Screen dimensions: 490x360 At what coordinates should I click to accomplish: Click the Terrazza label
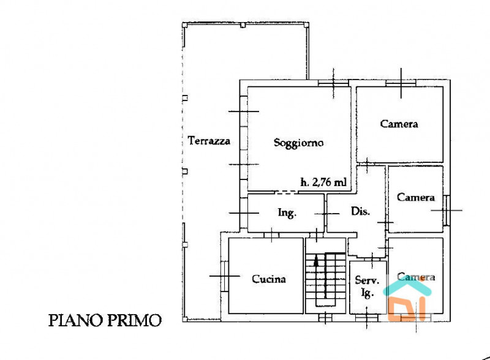(x=209, y=141)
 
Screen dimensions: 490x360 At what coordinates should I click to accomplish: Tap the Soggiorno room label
(x=298, y=143)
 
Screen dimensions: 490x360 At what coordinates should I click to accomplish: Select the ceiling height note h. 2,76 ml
(x=323, y=182)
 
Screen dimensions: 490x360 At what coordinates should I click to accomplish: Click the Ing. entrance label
(x=287, y=213)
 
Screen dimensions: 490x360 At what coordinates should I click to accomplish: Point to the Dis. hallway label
(x=360, y=211)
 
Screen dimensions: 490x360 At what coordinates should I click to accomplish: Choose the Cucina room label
(x=269, y=279)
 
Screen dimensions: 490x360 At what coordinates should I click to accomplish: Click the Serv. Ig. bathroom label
(x=367, y=286)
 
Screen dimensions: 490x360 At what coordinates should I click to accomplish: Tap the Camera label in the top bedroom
(x=399, y=124)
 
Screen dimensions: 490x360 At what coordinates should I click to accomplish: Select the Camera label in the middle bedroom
(x=416, y=198)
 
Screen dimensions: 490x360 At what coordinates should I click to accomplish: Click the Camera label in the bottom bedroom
(x=416, y=277)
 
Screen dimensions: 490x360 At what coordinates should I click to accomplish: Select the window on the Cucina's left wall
(x=224, y=276)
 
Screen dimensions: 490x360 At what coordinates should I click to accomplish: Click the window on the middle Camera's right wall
(x=447, y=211)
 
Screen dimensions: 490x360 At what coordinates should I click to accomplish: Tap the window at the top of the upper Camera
(x=401, y=83)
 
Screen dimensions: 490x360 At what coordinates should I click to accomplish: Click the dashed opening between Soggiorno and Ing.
(x=287, y=192)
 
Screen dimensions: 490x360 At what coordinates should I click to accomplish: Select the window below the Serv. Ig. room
(x=367, y=318)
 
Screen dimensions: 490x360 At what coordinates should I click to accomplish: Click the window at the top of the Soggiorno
(x=333, y=83)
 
